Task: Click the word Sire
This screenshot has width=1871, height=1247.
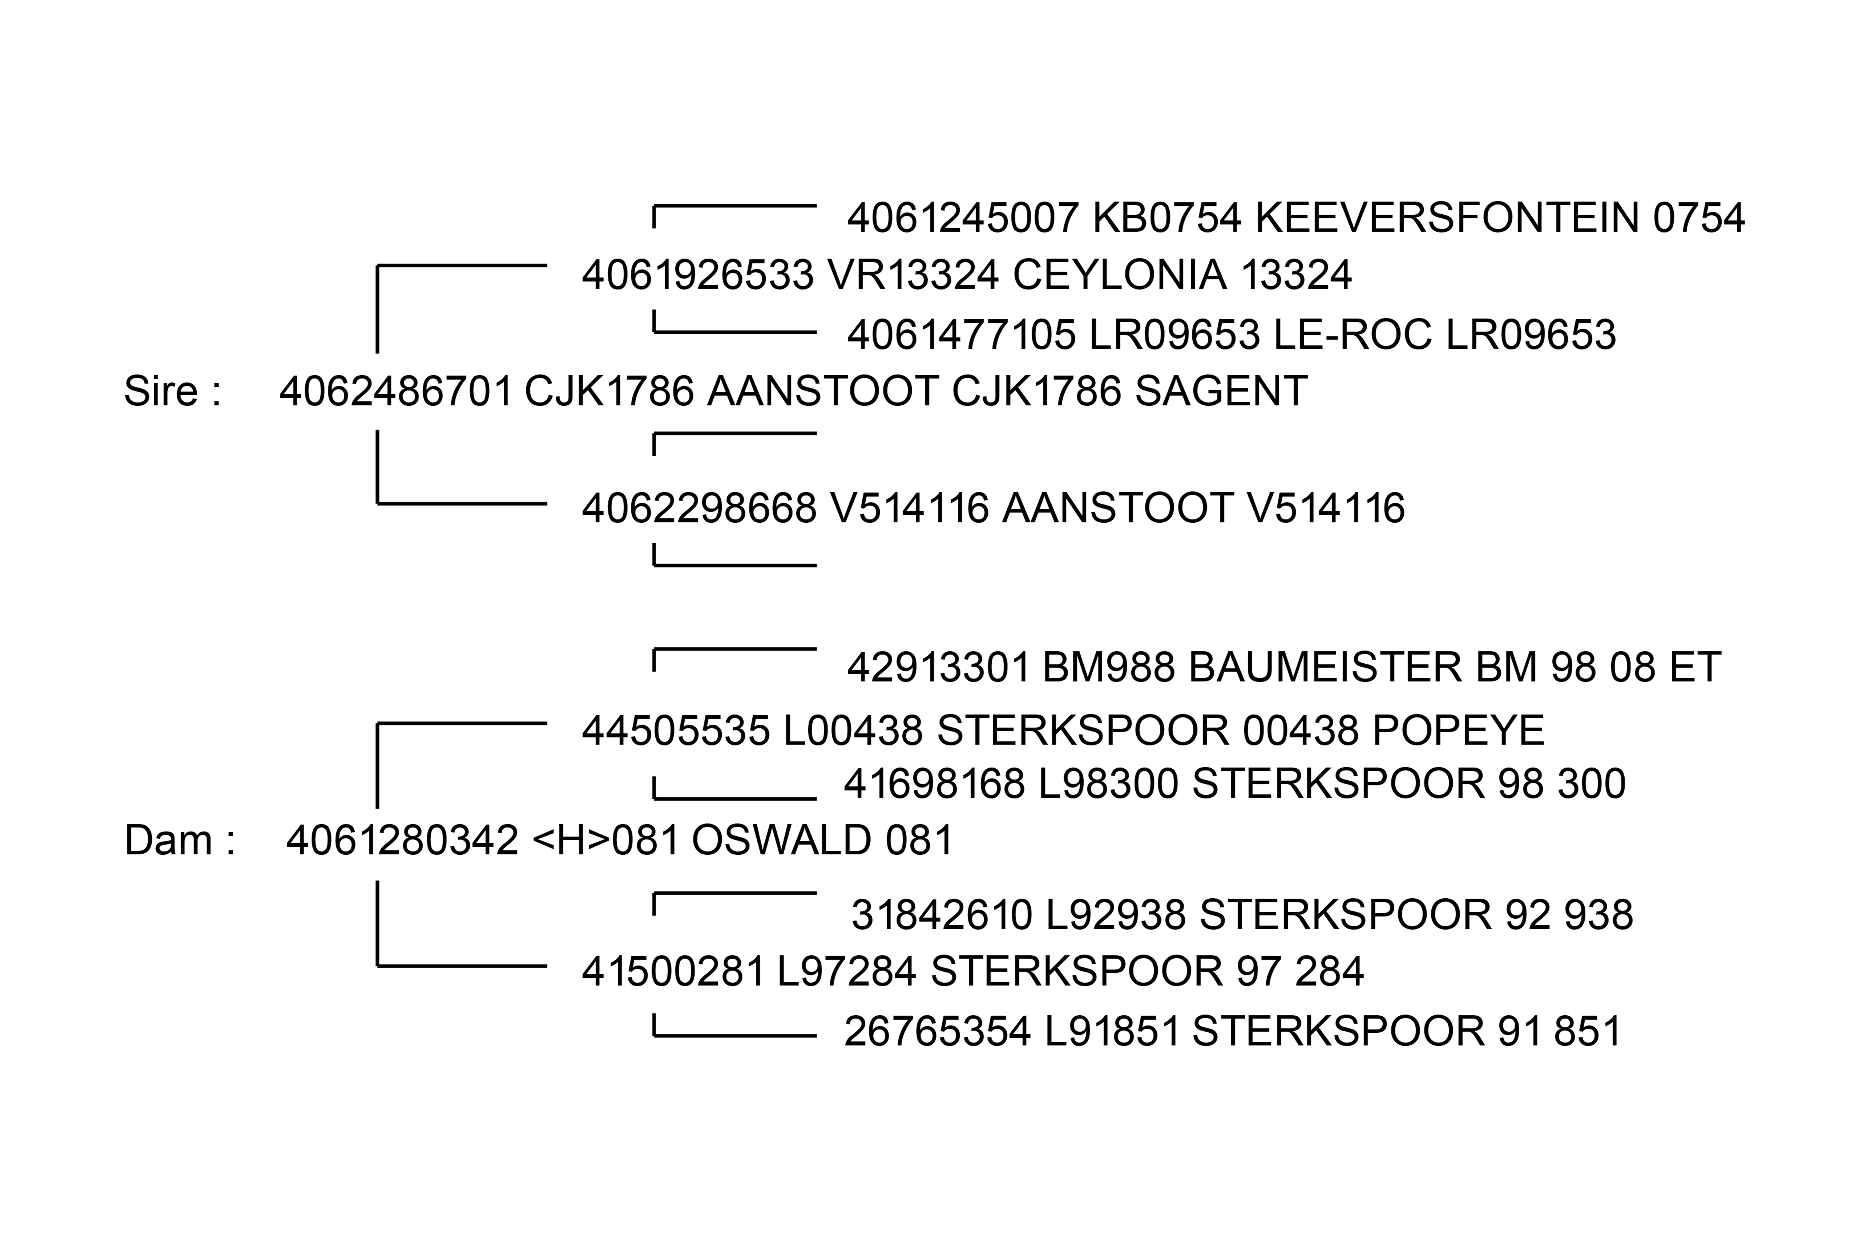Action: click(x=161, y=391)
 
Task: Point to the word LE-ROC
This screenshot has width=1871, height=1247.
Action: click(x=1352, y=335)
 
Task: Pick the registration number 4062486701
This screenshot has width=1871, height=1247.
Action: click(x=396, y=391)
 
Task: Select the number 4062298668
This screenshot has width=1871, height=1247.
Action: click(x=698, y=508)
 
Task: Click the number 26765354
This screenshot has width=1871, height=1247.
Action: click(x=937, y=1031)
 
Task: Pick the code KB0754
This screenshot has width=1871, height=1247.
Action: click(x=1166, y=218)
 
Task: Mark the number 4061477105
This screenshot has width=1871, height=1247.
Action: click(x=961, y=335)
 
